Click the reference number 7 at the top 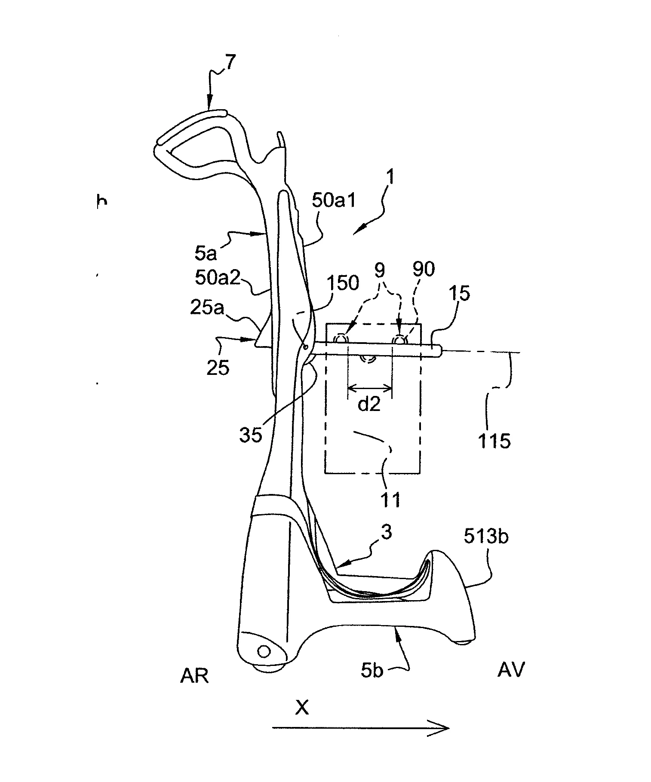tap(230, 63)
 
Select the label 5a tap(206, 254)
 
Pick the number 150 tap(343, 283)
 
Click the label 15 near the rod tap(461, 293)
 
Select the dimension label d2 tap(369, 405)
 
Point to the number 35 tap(251, 435)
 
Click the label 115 tap(494, 441)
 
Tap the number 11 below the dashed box tap(390, 500)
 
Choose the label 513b tap(486, 536)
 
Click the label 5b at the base tap(372, 671)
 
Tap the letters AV tap(511, 670)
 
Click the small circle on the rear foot tap(263, 651)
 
